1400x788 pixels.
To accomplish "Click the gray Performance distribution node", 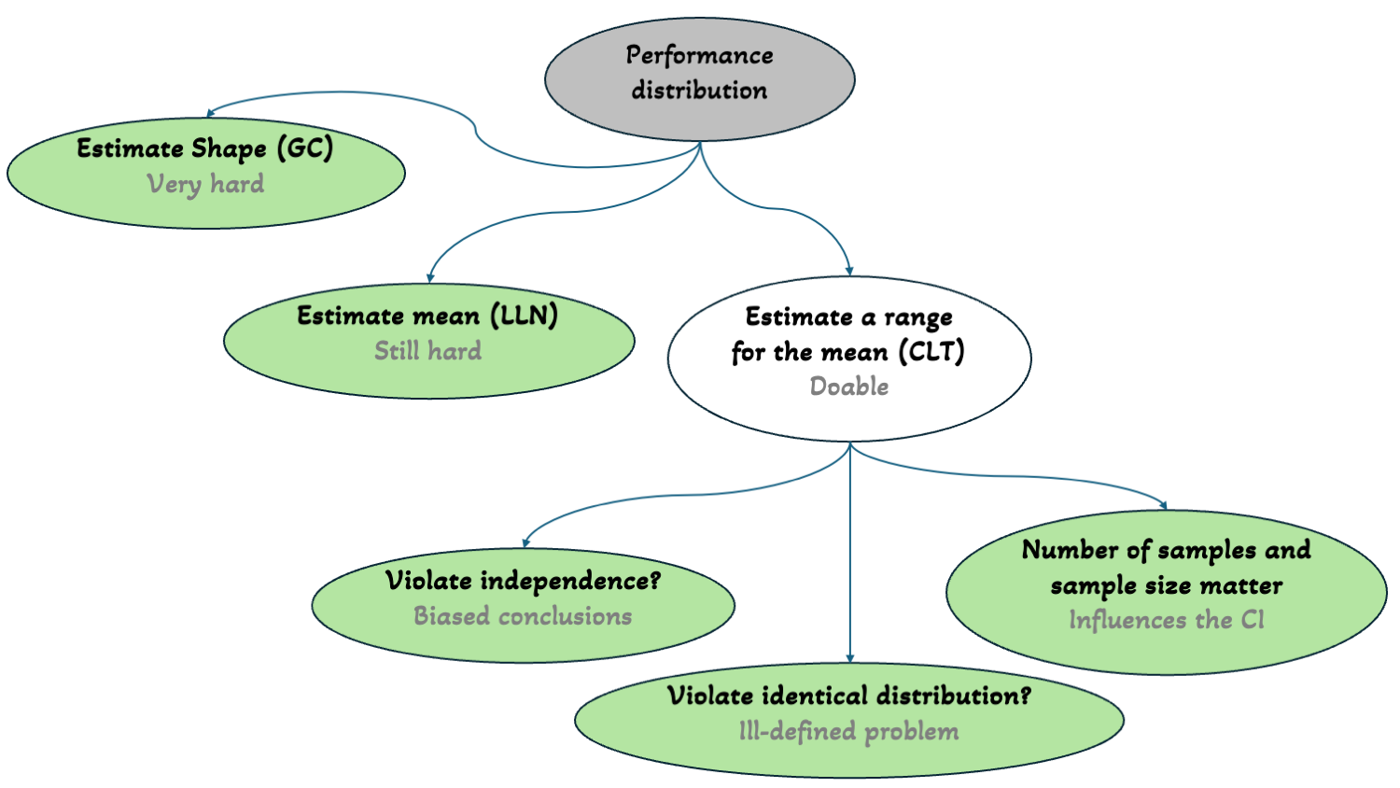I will click(x=699, y=78).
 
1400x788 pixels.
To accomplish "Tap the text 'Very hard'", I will click(x=205, y=184).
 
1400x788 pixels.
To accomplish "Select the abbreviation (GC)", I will click(x=304, y=148).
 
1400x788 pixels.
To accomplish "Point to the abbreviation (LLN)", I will click(x=524, y=316).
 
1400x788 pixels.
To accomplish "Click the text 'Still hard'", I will click(x=428, y=351).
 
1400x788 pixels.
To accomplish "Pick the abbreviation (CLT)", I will click(x=931, y=352).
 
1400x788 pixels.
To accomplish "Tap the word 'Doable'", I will click(x=848, y=387).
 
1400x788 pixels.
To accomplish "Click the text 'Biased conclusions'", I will click(x=523, y=616).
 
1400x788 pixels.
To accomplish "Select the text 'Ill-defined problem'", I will click(x=848, y=731).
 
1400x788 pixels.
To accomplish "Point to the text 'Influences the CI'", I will click(x=1166, y=621).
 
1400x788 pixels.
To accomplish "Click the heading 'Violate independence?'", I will click(x=523, y=581).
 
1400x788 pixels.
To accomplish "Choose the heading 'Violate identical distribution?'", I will click(x=848, y=696).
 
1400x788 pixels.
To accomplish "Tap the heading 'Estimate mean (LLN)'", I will click(x=427, y=316).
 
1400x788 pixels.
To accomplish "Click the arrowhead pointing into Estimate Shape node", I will click(x=210, y=113).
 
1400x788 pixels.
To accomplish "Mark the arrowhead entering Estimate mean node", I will click(x=430, y=277).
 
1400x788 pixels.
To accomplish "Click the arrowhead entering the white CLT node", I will click(x=849, y=271).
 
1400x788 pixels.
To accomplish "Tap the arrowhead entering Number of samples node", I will click(x=1163, y=505).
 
